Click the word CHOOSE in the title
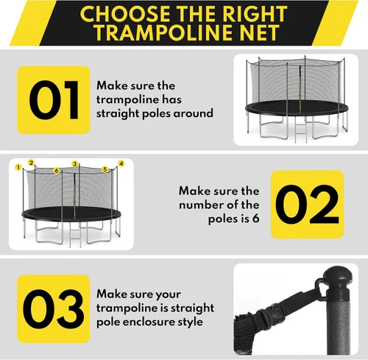point(125,13)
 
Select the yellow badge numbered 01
point(54,100)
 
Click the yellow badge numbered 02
point(307,205)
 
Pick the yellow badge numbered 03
point(54,308)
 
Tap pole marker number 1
point(18,167)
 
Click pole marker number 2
point(31,163)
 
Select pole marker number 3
point(75,163)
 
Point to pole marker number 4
point(121,163)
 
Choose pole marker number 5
point(105,169)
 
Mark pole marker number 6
point(57,170)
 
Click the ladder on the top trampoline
point(301,131)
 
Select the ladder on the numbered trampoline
point(75,235)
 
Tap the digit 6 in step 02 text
point(255,219)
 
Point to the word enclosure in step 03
point(151,322)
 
